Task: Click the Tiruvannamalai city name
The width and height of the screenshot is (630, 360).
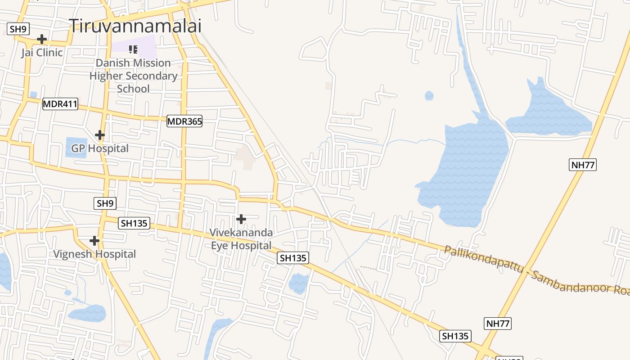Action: coord(135,26)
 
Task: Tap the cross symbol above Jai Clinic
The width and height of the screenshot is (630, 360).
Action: coord(42,39)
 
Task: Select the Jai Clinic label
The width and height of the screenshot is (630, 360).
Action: coord(42,53)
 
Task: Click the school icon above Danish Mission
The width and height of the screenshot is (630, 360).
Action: coord(133,49)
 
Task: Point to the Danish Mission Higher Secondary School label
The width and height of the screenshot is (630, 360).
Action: coord(133,76)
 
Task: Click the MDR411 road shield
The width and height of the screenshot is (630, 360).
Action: coord(60,104)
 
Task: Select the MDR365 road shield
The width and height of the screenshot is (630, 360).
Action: coord(184,121)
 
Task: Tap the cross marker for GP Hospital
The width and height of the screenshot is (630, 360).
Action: coord(100,135)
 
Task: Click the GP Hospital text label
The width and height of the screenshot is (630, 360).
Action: coord(100,148)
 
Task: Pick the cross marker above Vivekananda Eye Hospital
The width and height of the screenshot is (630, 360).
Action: coord(241,219)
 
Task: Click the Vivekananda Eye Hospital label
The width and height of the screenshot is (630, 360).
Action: coord(241,239)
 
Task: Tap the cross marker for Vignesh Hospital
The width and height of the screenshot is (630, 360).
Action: coord(94,241)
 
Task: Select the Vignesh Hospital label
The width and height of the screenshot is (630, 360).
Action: coord(94,254)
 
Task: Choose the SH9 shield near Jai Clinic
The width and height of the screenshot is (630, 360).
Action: coord(18,29)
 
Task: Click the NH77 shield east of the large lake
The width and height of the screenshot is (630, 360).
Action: coord(583,165)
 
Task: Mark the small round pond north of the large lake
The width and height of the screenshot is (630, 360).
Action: coord(429,96)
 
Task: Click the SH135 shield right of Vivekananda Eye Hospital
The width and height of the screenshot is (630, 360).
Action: coord(293,258)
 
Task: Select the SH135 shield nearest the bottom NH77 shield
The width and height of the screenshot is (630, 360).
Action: coord(455,336)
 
